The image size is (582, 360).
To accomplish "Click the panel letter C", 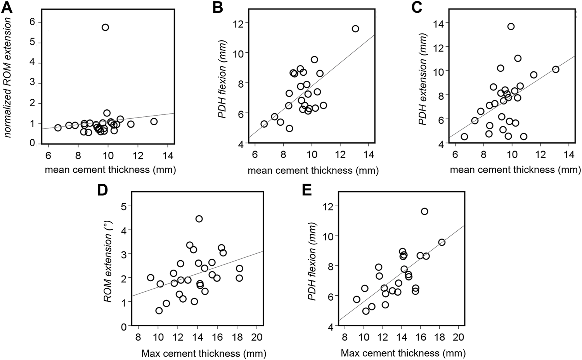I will click(x=417, y=8).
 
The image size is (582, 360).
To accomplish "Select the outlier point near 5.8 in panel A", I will click(x=105, y=27).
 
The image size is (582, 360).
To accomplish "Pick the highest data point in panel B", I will click(x=355, y=29).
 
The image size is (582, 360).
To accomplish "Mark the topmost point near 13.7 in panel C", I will click(x=511, y=26).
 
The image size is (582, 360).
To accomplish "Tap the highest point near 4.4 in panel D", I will click(x=199, y=219).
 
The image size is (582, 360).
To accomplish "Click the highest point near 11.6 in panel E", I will click(x=424, y=211).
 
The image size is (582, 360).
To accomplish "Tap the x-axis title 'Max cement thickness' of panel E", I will click(x=403, y=353).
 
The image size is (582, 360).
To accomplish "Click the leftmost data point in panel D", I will click(x=151, y=278).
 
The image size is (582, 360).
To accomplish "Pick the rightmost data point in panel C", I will click(x=556, y=69).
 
